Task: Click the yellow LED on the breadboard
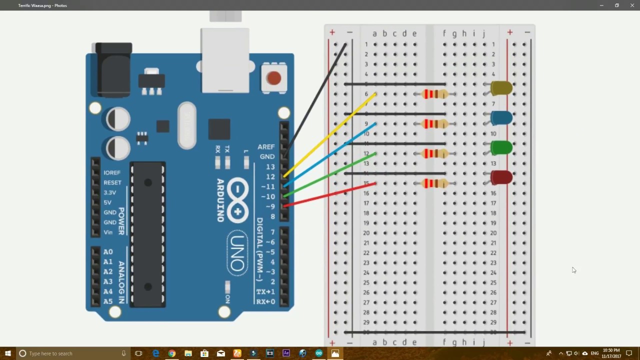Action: [x=501, y=88]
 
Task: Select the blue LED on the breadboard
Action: [x=501, y=118]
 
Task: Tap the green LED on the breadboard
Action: [x=501, y=147]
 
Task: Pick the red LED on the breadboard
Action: [x=501, y=177]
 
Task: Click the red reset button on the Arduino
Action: [x=273, y=78]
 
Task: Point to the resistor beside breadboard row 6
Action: [x=435, y=94]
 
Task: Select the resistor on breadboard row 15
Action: [x=435, y=183]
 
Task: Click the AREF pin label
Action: [x=266, y=147]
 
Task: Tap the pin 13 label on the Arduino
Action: [x=270, y=166]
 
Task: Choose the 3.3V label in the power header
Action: [x=109, y=192]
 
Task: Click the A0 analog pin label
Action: [x=108, y=252]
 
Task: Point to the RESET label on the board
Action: [x=112, y=182]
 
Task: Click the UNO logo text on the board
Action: [x=237, y=253]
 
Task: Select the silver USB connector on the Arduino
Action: [x=225, y=60]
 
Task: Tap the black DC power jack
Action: [x=113, y=70]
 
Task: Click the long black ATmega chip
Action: [x=148, y=234]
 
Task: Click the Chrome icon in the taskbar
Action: [x=172, y=353]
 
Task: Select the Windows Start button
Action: [x=7, y=353]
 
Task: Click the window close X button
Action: [x=632, y=5]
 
